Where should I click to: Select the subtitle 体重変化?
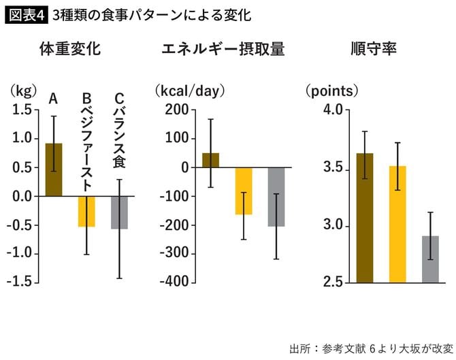(x=70, y=50)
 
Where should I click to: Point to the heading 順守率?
(x=374, y=50)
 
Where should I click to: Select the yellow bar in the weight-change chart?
(x=86, y=212)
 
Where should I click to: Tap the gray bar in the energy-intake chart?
(x=276, y=197)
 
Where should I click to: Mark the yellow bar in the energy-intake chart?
(x=243, y=191)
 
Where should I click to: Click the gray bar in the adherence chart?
(x=430, y=259)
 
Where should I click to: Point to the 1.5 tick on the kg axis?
(x=22, y=110)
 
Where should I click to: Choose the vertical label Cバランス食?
(x=119, y=129)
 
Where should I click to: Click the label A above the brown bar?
(x=53, y=99)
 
